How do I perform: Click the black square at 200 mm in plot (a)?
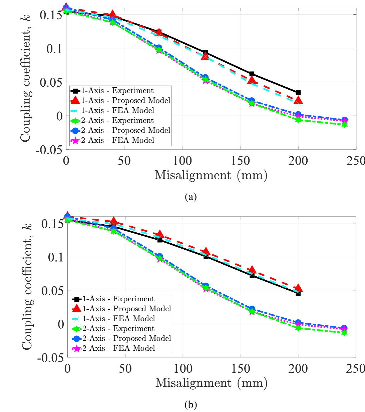pyautogui.click(x=298, y=93)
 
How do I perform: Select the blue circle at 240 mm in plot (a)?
pyautogui.click(x=345, y=120)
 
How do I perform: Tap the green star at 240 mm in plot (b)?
pyautogui.click(x=345, y=332)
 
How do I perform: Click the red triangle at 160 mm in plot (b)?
pyautogui.click(x=252, y=270)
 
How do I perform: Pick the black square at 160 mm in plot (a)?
pyautogui.click(x=252, y=74)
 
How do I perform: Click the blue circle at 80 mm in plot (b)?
pyautogui.click(x=159, y=257)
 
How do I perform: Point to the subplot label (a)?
pyautogui.click(x=191, y=197)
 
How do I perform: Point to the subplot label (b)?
pyautogui.click(x=191, y=405)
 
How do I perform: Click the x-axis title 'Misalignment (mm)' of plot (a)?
pyautogui.click(x=211, y=175)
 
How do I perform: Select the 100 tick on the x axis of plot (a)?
pyautogui.click(x=182, y=161)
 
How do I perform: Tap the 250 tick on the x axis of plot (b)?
pyautogui.click(x=355, y=368)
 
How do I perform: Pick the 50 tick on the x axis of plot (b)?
pyautogui.click(x=125, y=368)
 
